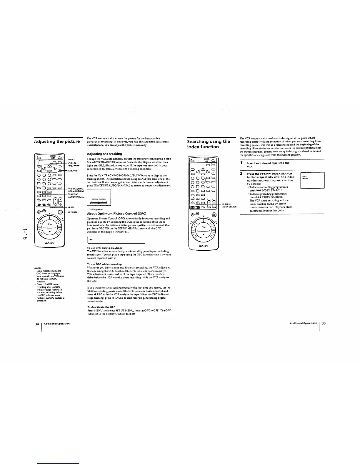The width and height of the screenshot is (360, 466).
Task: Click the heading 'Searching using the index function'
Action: pyautogui.click(x=209, y=144)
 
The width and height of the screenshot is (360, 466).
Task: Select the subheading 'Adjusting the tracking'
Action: pyautogui.click(x=104, y=154)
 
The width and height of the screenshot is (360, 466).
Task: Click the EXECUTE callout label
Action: pyautogui.click(x=73, y=170)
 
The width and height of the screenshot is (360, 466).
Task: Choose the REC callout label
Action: pyautogui.click(x=71, y=207)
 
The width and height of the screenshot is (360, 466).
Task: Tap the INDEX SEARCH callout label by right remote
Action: pyautogui.click(x=229, y=207)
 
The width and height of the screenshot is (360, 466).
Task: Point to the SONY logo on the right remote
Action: pyautogui.click(x=204, y=246)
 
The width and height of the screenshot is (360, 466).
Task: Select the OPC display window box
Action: pyautogui.click(x=116, y=240)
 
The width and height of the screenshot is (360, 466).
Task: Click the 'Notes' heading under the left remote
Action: pyautogui.click(x=38, y=268)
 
